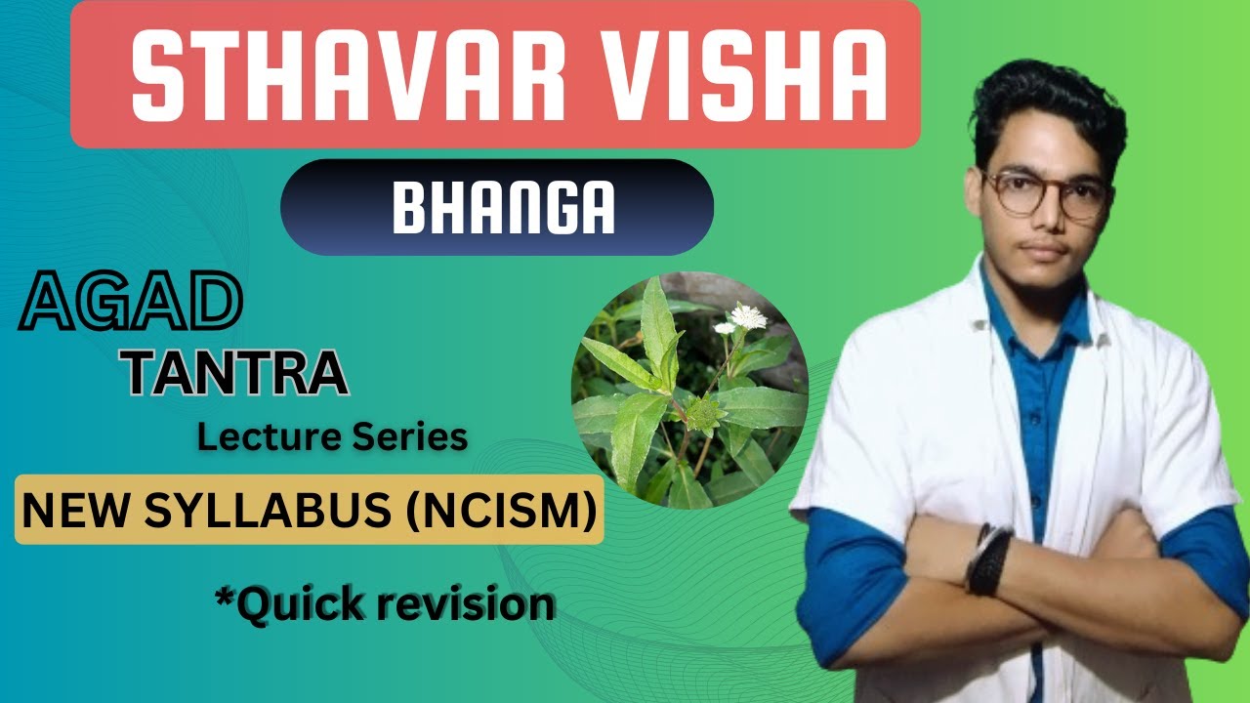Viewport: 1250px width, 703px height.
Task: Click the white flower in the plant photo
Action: pos(748,316)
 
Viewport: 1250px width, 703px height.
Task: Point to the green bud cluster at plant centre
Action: pos(703,416)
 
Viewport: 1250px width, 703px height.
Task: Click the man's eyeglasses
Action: pos(1046,192)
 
